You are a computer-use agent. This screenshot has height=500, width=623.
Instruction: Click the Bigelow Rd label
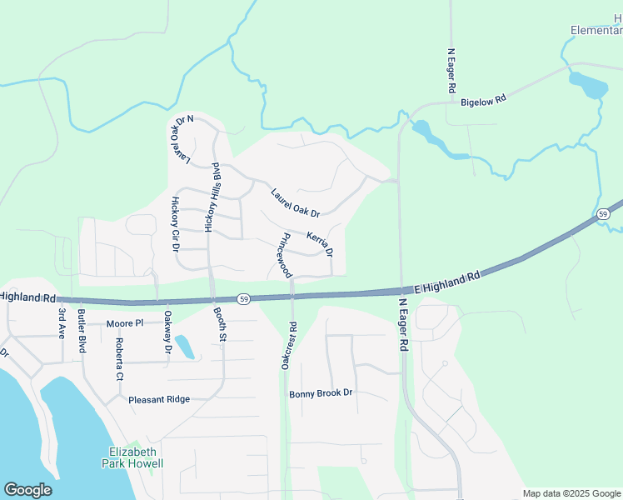tap(484, 101)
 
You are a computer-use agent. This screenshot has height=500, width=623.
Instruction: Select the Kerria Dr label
tap(320, 243)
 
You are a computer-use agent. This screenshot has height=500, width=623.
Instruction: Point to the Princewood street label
tap(283, 255)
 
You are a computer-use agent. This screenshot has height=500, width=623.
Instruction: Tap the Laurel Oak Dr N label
tap(180, 138)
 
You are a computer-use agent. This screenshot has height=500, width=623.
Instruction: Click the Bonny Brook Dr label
tap(321, 393)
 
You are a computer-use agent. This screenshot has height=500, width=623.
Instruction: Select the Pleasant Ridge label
tap(159, 399)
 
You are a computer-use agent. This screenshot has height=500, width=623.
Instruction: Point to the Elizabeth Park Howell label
tap(132, 457)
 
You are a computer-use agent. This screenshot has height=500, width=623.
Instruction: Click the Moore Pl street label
tap(125, 322)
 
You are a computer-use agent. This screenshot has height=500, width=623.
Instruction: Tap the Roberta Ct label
tap(120, 359)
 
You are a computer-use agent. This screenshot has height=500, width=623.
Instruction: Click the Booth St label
tap(220, 323)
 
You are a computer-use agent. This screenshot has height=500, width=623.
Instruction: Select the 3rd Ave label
tap(62, 324)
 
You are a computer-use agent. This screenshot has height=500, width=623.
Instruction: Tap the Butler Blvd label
tap(82, 330)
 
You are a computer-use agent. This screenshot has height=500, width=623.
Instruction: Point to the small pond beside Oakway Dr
tap(185, 347)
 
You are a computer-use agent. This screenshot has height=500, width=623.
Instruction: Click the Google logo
tap(27, 490)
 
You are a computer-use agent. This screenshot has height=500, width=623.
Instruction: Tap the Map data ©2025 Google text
tap(571, 493)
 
